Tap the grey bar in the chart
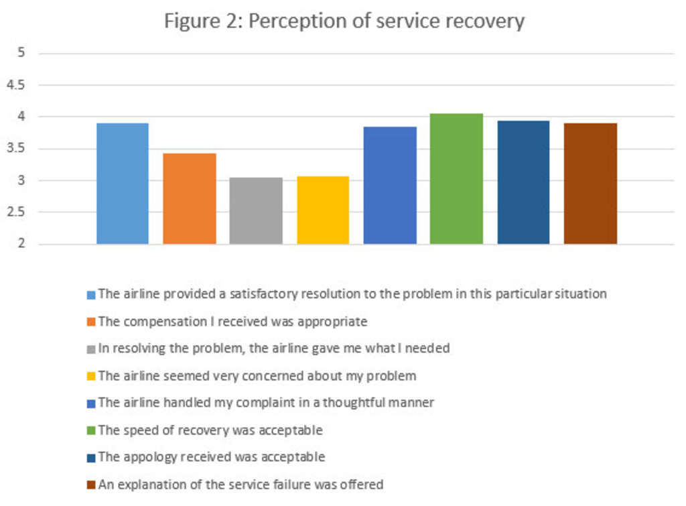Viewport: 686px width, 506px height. (256, 210)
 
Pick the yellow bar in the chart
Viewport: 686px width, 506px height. (323, 210)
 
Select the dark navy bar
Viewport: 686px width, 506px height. (523, 182)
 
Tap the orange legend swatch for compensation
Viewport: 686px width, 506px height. (91, 322)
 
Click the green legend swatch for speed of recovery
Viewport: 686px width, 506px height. (91, 430)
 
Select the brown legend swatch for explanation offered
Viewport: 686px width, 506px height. (91, 485)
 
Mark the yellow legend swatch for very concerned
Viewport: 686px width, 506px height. (91, 376)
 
